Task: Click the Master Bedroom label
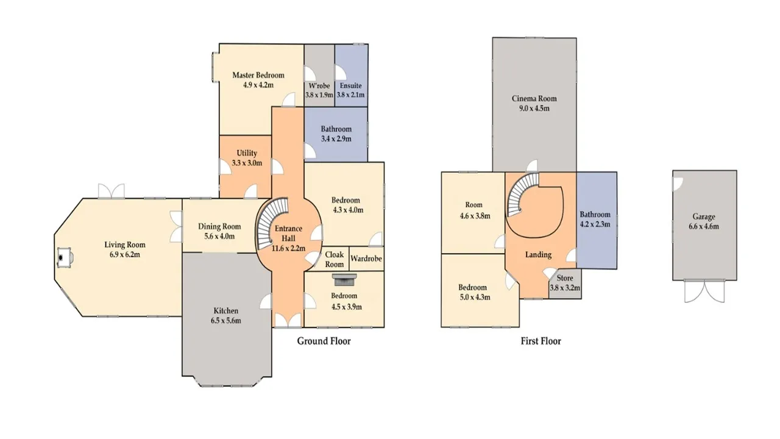258,75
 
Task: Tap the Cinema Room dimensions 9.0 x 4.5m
534,109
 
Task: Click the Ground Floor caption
324,341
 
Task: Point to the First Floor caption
541,341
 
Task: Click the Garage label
704,216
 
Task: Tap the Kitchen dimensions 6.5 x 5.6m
225,321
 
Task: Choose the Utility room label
247,153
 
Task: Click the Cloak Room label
335,259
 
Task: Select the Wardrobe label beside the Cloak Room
366,259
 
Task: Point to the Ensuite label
350,86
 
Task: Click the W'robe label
319,86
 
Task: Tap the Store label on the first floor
565,278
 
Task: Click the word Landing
538,255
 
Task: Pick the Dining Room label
219,226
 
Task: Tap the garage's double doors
704,291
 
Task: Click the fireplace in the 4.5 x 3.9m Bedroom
345,279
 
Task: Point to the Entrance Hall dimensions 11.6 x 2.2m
288,248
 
